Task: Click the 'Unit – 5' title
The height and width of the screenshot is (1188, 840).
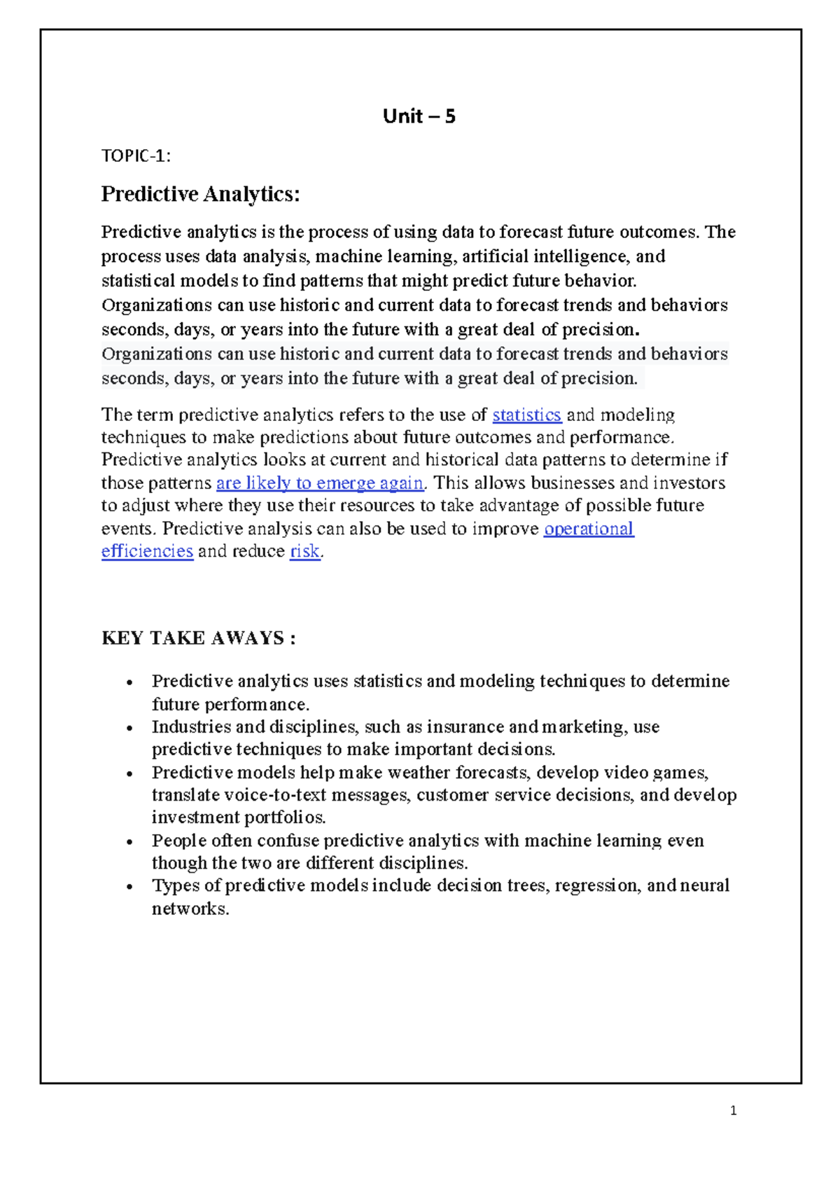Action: (x=419, y=116)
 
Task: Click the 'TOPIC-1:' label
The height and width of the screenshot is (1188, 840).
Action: (x=136, y=156)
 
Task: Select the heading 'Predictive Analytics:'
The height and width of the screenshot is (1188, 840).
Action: (x=200, y=194)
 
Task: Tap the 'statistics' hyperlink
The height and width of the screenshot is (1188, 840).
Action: (x=526, y=415)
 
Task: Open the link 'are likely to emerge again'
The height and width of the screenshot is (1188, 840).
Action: (x=319, y=483)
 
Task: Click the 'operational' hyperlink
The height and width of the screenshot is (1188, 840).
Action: (x=589, y=528)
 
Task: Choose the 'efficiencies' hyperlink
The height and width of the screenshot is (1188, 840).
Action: (x=147, y=551)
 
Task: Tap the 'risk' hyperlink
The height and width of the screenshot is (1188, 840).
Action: (x=304, y=551)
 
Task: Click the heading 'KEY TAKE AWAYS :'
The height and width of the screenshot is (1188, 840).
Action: (x=198, y=638)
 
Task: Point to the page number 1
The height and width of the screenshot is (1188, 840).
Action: (x=733, y=1110)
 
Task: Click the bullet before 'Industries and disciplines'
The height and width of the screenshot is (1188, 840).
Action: (x=129, y=728)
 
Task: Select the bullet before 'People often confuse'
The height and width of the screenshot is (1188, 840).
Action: (x=129, y=842)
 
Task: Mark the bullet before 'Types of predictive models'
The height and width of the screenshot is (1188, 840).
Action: (x=129, y=887)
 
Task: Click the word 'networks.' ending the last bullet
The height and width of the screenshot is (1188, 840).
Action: (x=190, y=909)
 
